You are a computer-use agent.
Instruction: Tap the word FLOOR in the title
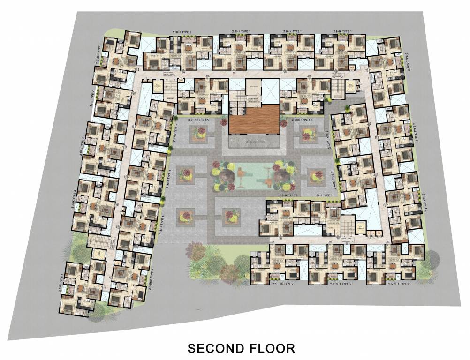coord(273,348)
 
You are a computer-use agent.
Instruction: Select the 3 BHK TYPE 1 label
coord(185,31)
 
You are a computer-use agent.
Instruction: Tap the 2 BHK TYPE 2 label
coord(333,177)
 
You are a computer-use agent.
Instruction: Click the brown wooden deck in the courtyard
coord(253,120)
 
